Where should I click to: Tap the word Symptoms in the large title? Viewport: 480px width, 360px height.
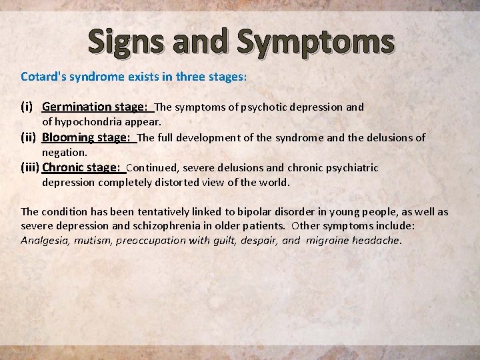tap(315, 41)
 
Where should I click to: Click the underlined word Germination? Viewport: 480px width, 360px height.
tap(77, 107)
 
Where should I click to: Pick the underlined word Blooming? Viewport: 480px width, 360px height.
tap(68, 137)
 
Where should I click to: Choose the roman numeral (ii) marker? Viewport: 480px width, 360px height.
tap(28, 137)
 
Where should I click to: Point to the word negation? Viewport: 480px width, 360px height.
tap(65, 153)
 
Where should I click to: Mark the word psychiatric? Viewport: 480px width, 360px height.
tap(351, 168)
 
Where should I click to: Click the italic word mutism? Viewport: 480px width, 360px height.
tap(93, 240)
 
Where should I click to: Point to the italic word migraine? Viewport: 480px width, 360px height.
tap(327, 240)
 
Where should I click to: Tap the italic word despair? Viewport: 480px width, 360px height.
tap(259, 240)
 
